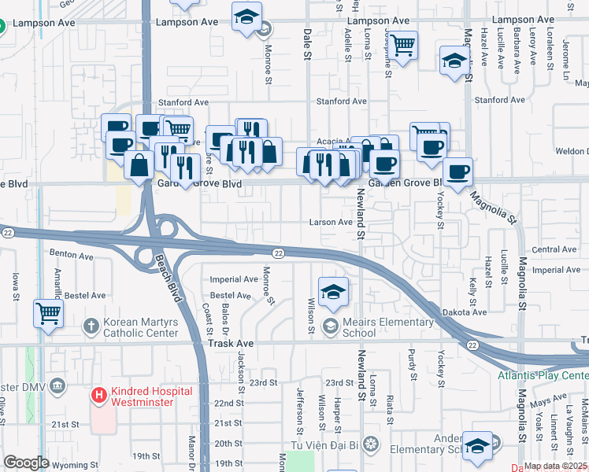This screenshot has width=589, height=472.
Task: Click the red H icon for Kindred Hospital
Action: click(99, 395)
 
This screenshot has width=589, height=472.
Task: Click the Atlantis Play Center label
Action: click(542, 375)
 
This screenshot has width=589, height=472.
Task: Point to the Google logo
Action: click(26, 463)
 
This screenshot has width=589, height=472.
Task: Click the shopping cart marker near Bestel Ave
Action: click(48, 313)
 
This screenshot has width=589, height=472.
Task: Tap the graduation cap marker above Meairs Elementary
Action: click(334, 289)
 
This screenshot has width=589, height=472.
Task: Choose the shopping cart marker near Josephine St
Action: click(403, 45)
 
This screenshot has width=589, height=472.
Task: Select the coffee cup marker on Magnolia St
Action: click(457, 170)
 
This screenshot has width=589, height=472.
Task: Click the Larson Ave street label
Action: click(331, 223)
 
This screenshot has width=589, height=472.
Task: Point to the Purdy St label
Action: click(412, 367)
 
